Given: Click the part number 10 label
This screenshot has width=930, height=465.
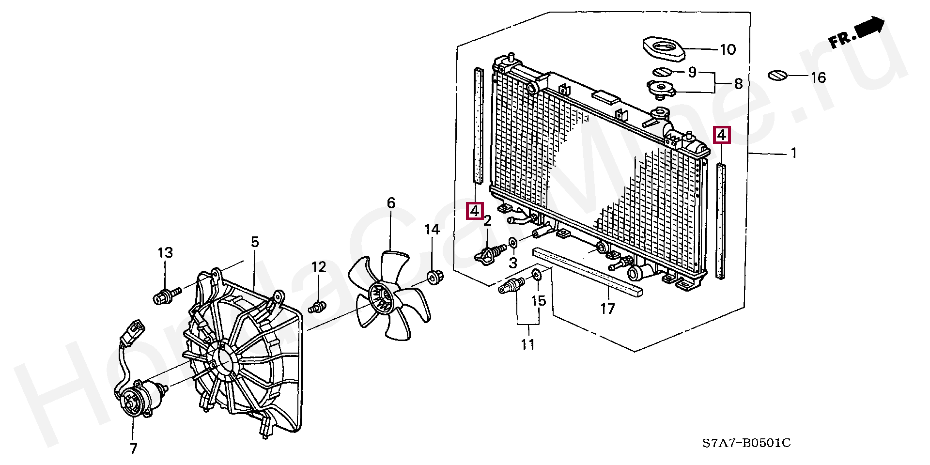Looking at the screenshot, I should (728, 49).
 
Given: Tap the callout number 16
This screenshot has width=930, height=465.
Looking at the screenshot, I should (818, 77).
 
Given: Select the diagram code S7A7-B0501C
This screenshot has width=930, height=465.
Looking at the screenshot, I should (746, 443).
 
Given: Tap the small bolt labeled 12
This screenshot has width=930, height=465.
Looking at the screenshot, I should (317, 307).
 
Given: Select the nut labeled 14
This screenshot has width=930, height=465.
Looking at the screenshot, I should (434, 278).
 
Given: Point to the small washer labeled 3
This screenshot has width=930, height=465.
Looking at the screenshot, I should (512, 242).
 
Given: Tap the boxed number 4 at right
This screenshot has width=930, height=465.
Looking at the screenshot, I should (722, 135).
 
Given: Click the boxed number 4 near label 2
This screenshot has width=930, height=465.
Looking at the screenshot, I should (475, 211).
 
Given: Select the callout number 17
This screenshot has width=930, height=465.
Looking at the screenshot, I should (607, 309).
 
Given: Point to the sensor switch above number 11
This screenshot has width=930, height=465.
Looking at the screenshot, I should (511, 285).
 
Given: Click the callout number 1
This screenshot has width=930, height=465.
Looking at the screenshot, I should (793, 153).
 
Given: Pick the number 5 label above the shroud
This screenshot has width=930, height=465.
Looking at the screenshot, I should (255, 242).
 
